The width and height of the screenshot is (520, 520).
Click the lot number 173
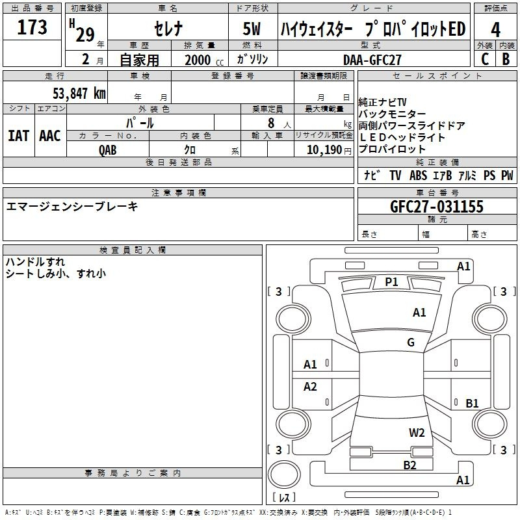click(32, 28)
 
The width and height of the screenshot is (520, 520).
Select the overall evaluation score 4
click(496, 30)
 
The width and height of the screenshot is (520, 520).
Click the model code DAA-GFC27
click(372, 59)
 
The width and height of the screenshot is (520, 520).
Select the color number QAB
click(107, 149)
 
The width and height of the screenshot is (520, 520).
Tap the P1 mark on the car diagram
click(391, 281)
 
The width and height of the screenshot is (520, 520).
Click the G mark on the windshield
click(410, 343)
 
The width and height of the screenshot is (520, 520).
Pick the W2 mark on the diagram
click(417, 432)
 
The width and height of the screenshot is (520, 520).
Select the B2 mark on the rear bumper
click(409, 464)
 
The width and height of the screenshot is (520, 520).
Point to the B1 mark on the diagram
click(472, 403)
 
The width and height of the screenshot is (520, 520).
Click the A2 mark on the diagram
click(310, 387)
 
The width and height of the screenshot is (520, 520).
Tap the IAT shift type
click(18, 135)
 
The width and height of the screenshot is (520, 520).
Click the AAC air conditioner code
click(49, 135)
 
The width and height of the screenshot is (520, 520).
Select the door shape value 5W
click(252, 29)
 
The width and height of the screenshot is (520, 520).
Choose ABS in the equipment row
click(417, 175)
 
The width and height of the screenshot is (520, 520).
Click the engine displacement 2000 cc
click(198, 59)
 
